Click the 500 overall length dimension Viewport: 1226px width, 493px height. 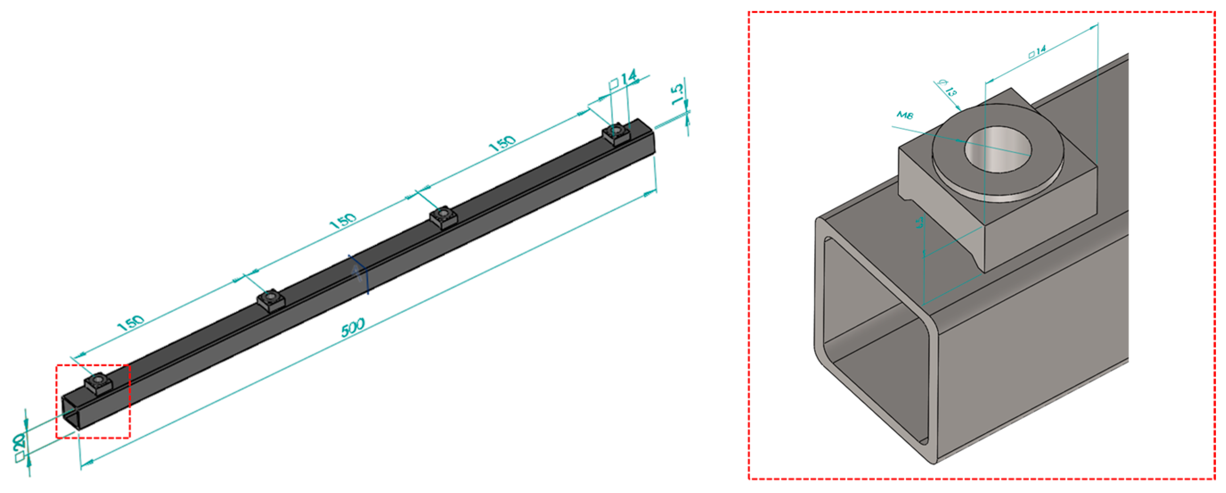353,327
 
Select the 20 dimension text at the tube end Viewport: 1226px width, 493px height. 19,441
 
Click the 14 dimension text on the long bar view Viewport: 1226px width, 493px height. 628,78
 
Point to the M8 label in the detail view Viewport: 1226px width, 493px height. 905,115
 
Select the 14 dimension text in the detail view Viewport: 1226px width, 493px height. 1040,50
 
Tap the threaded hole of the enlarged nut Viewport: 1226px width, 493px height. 998,149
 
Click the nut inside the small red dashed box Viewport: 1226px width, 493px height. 98,382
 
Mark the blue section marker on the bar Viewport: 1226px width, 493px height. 360,274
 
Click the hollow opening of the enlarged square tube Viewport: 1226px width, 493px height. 876,343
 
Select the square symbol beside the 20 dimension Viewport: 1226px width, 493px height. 20,457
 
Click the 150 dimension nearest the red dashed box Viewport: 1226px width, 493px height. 130,323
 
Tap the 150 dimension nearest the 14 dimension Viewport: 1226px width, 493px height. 502,143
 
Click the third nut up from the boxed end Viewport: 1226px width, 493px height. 443,216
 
